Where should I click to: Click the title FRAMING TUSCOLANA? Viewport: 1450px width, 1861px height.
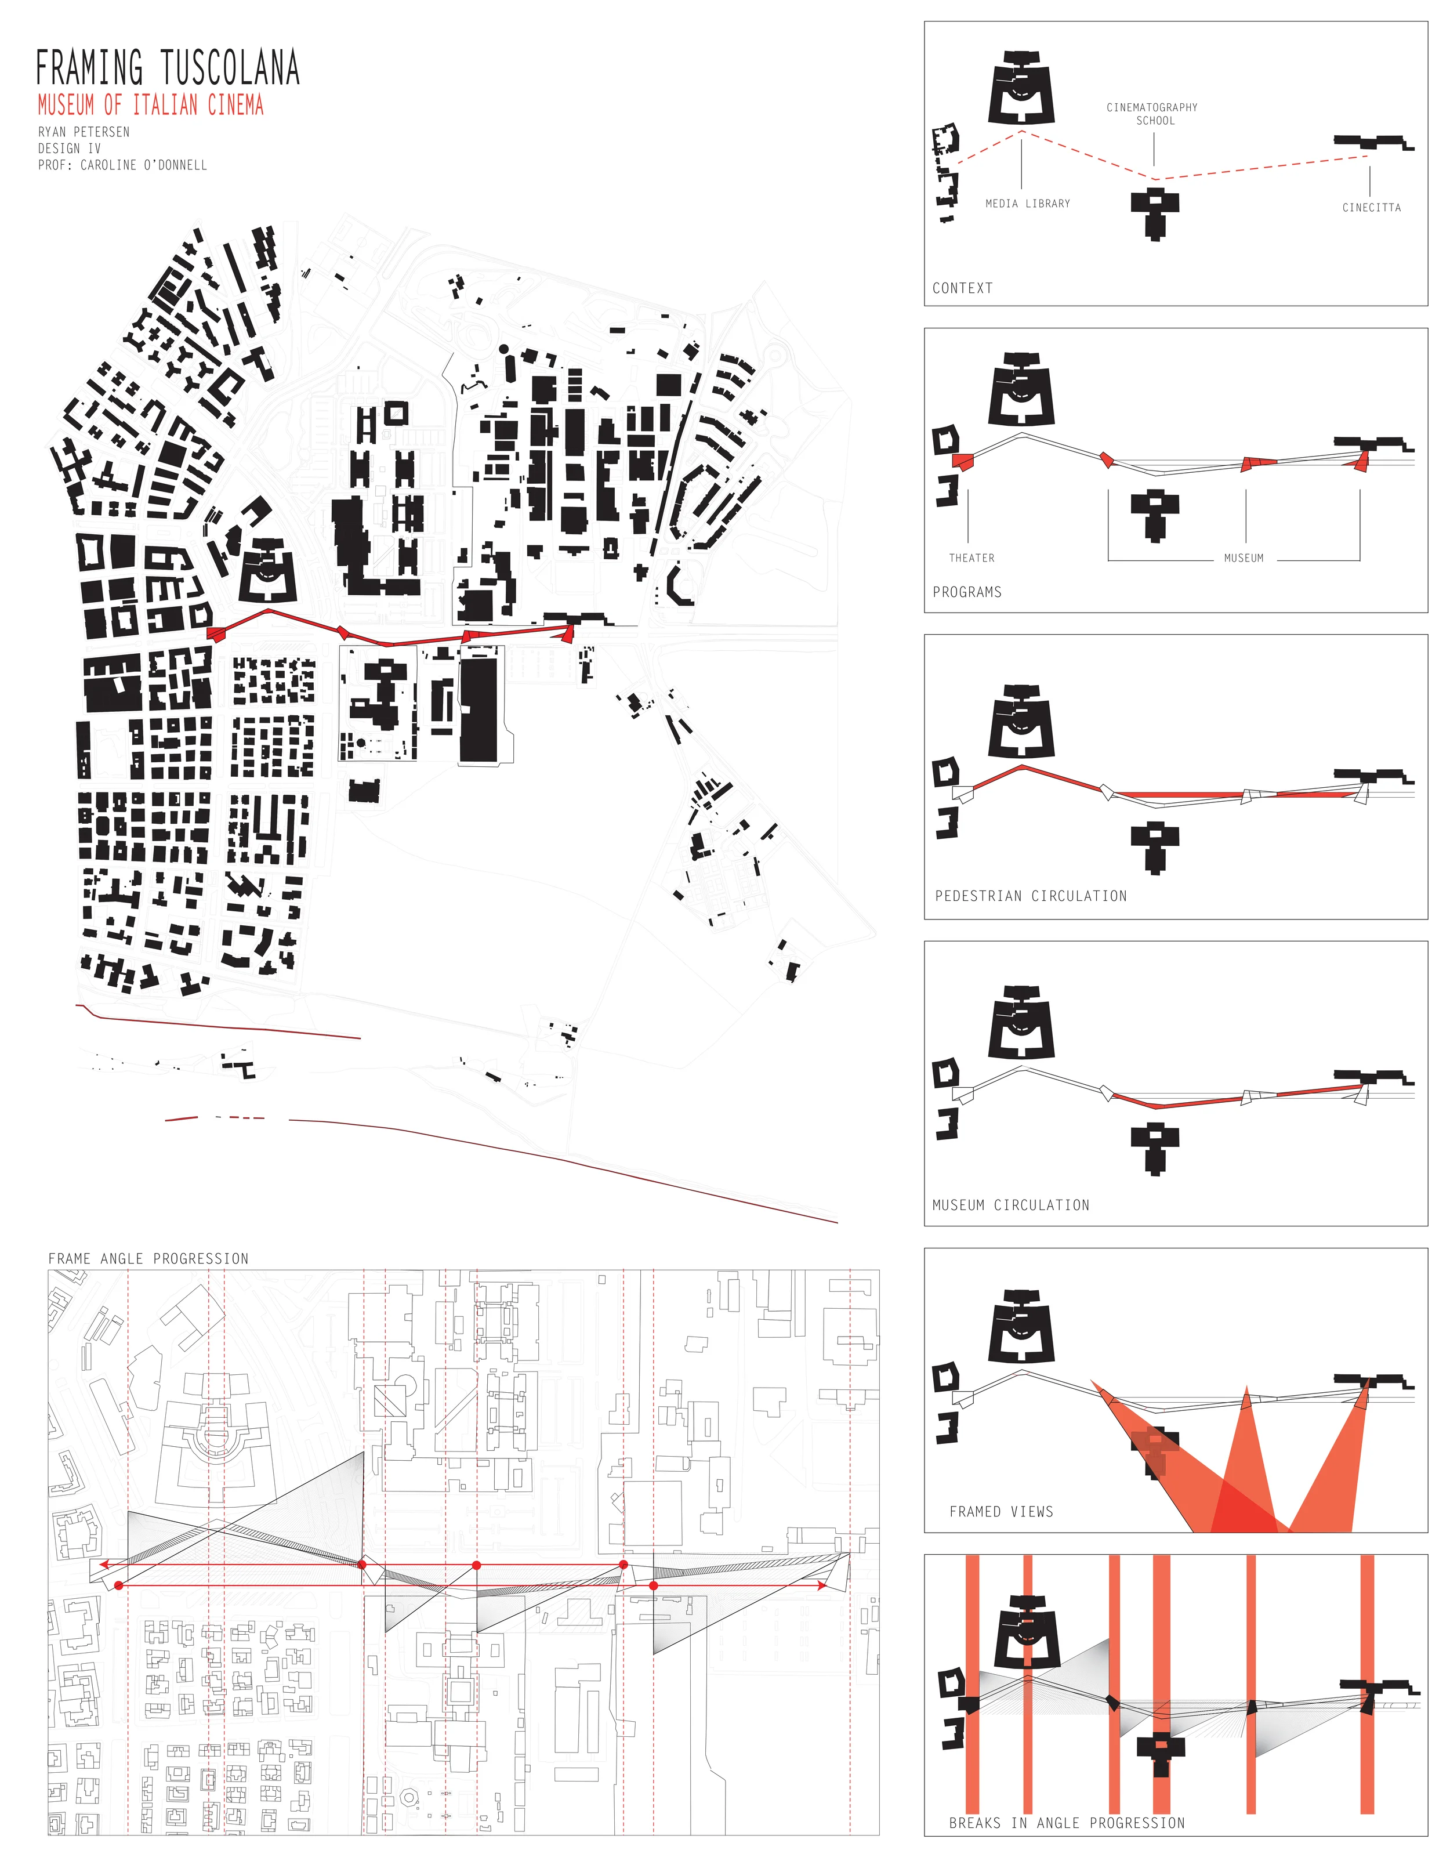(168, 68)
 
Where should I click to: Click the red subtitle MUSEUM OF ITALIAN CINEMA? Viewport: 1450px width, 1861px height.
(151, 106)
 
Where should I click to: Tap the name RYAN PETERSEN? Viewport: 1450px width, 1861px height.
(84, 132)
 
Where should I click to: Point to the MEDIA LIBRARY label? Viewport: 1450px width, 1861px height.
(1027, 204)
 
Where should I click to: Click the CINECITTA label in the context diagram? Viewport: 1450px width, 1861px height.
(1371, 208)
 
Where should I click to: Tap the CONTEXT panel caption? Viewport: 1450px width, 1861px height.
(962, 288)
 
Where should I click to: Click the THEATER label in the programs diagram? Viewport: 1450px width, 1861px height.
(971, 558)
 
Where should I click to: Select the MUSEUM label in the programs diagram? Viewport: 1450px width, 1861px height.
(1243, 558)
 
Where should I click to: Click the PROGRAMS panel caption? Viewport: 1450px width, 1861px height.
(967, 592)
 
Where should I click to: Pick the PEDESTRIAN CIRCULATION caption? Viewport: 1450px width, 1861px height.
(1031, 896)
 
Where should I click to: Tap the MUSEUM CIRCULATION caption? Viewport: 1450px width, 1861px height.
(1010, 1205)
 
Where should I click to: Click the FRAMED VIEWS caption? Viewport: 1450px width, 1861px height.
(1001, 1512)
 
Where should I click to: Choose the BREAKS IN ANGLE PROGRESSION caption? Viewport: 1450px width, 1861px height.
(1067, 1823)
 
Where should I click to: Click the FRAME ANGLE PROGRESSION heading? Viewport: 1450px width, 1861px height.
(148, 1259)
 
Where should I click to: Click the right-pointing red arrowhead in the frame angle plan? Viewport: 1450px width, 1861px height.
(821, 1586)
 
